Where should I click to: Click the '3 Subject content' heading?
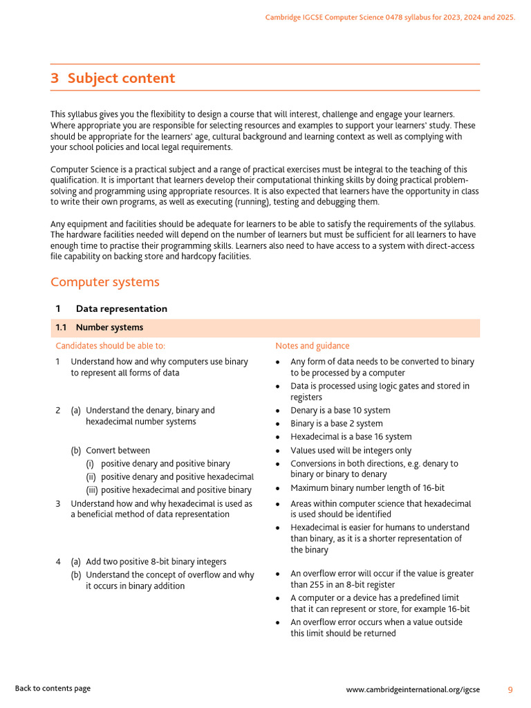[x=113, y=78]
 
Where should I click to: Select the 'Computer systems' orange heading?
[x=105, y=282]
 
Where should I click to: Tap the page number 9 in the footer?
[x=510, y=689]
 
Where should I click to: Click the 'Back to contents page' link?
[x=53, y=688]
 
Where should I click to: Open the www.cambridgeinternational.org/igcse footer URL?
[x=413, y=689]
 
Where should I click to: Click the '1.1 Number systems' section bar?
[x=265, y=328]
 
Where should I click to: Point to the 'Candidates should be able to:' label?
[x=111, y=346]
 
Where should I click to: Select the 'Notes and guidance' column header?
[x=313, y=346]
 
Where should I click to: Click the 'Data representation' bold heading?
[x=121, y=309]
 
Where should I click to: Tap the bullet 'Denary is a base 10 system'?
[x=340, y=410]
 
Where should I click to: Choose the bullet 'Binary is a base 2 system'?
[x=336, y=424]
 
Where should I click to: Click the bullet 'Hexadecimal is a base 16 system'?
[x=351, y=437]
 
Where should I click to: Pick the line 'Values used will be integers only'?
[x=351, y=451]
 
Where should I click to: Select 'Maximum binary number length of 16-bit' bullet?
[x=367, y=488]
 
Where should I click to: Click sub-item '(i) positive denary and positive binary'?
[x=165, y=464]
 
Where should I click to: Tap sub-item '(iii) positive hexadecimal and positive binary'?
[x=169, y=490]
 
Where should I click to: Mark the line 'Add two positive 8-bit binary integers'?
[x=156, y=561]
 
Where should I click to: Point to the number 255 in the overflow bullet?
[x=299, y=585]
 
